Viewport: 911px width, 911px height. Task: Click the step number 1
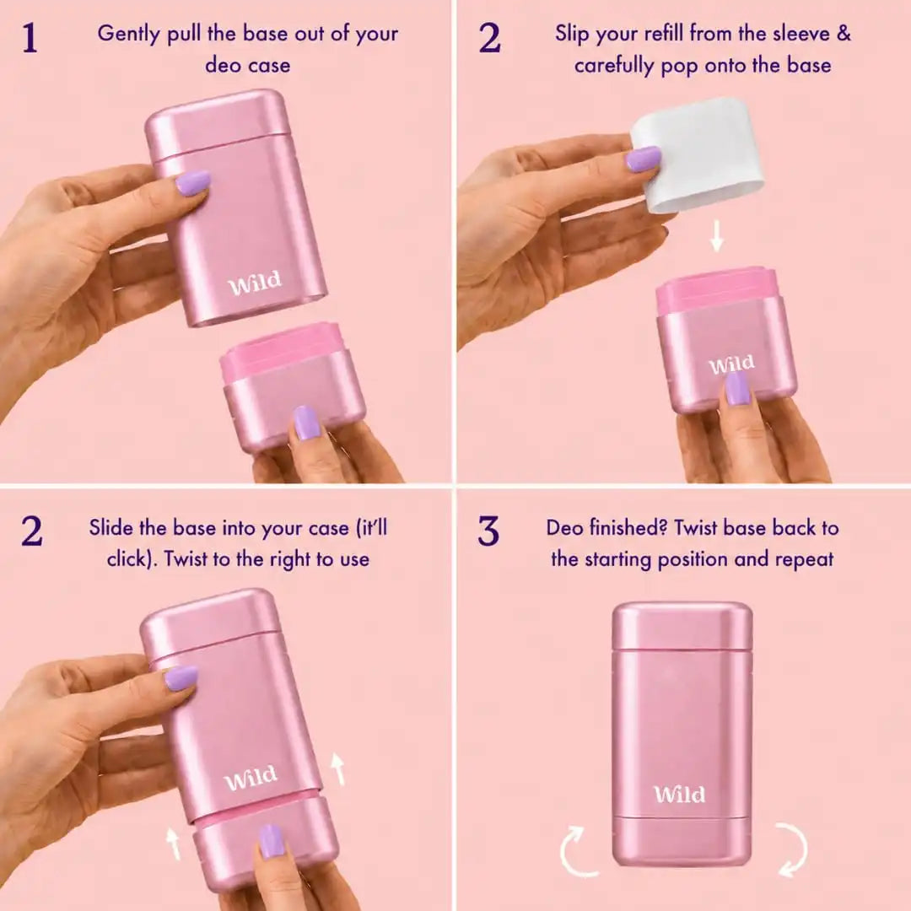[x=30, y=38]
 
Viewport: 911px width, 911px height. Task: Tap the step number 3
[x=488, y=531]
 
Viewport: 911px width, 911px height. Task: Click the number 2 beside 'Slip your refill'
[x=490, y=38]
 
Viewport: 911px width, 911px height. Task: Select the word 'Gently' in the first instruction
[x=128, y=35]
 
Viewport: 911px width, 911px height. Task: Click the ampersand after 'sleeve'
[x=844, y=34]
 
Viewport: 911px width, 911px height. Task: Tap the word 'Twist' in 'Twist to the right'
[x=186, y=559]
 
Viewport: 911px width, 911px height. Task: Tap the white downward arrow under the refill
[x=717, y=235]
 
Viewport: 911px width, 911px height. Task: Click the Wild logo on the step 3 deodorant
[x=679, y=794]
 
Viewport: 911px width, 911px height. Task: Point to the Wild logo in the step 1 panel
[x=255, y=283]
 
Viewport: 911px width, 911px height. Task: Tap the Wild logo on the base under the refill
[x=731, y=365]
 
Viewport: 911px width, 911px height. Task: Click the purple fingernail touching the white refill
[x=643, y=158]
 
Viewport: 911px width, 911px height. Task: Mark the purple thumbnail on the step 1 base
[x=306, y=423]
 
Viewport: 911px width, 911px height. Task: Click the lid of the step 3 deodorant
[x=682, y=627]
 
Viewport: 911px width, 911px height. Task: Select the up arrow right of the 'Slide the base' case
[x=337, y=768]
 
